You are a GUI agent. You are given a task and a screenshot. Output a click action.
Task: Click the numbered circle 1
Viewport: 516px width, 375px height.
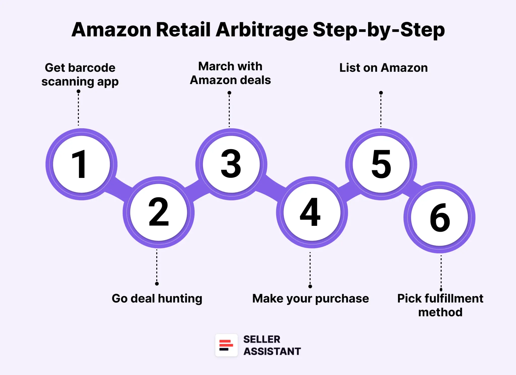tap(81, 164)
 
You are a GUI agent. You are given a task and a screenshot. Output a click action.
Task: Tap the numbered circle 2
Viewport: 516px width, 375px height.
tap(159, 212)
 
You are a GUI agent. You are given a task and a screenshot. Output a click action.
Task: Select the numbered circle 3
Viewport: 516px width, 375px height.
tap(231, 164)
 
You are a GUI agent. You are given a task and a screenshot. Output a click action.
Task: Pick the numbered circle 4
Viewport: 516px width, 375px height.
tap(312, 212)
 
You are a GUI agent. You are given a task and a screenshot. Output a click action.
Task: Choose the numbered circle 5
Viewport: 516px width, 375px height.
tap(381, 164)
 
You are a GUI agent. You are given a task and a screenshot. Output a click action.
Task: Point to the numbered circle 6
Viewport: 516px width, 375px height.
tap(440, 217)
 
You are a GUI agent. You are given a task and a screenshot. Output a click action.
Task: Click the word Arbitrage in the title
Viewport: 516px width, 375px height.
tap(262, 30)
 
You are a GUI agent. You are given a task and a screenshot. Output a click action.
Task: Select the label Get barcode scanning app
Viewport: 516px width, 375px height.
tap(80, 75)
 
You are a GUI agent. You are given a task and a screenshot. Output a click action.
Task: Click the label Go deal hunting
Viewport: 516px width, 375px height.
tap(157, 298)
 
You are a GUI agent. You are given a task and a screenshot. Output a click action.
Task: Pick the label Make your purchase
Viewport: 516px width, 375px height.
tap(310, 299)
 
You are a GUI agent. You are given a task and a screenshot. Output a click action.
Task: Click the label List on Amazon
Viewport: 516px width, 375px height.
tap(383, 68)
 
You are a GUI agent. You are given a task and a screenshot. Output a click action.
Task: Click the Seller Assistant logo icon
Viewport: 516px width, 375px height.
tap(226, 345)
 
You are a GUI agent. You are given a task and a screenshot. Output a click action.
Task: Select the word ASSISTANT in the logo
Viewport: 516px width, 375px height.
tap(272, 351)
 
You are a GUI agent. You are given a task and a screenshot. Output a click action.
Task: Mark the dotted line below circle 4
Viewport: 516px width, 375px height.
tap(310, 268)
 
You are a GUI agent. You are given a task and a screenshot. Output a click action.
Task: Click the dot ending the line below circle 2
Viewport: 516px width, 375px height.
tap(157, 284)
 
